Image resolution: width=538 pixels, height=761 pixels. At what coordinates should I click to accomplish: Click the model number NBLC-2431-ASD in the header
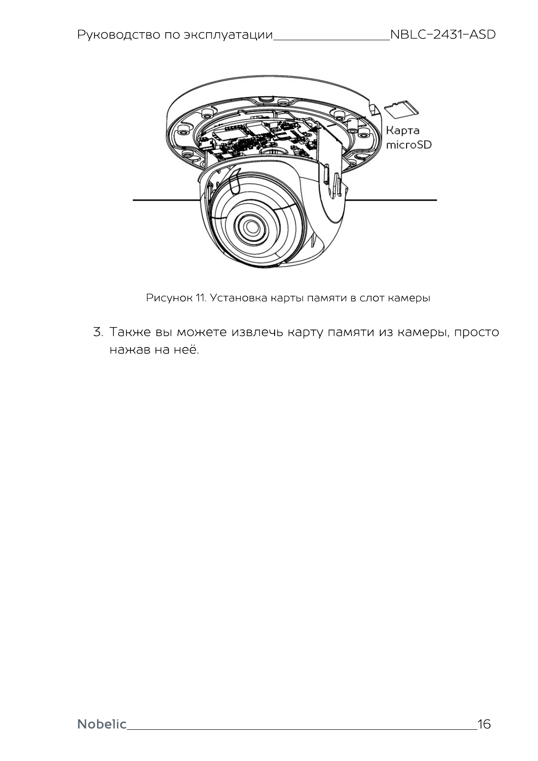442,35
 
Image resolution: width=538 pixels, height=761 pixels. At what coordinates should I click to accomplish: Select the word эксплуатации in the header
229,35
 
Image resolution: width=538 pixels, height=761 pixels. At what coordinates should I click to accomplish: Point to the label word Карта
402,131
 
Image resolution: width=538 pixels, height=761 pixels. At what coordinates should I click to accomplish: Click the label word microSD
408,145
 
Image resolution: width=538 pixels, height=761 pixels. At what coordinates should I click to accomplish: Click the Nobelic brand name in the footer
102,724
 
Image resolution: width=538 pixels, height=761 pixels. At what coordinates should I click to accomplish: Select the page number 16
484,724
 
